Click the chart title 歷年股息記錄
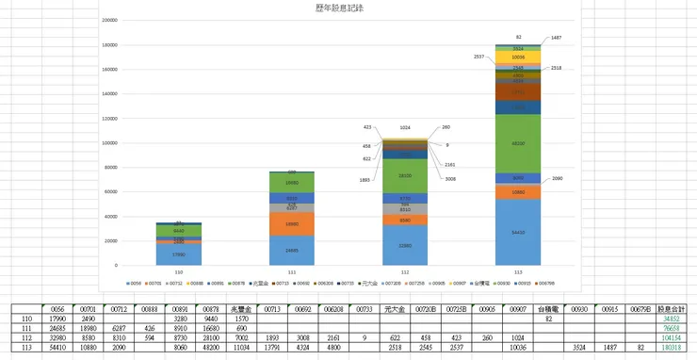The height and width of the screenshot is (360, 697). [x=341, y=8]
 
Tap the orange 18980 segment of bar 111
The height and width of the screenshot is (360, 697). [x=292, y=224]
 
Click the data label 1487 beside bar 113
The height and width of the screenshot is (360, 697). [x=557, y=38]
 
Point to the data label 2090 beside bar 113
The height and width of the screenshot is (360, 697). [x=557, y=178]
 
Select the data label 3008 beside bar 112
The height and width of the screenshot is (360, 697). [x=450, y=178]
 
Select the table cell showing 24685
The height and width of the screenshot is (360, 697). [x=57, y=327]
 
